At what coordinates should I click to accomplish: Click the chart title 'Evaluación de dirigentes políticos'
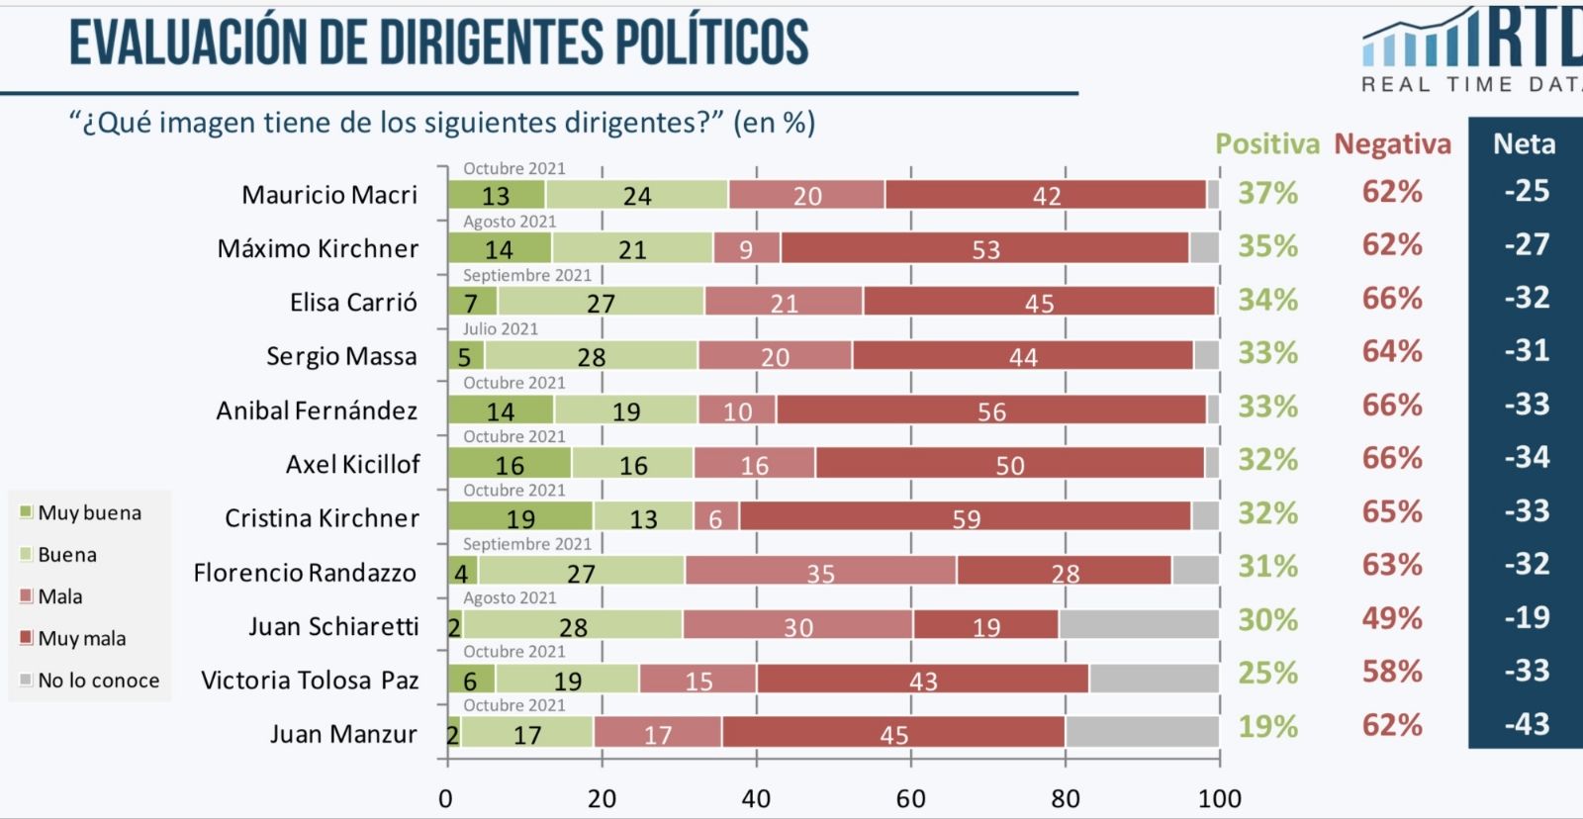pyautogui.click(x=438, y=43)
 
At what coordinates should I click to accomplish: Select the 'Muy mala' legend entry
pyautogui.click(x=81, y=639)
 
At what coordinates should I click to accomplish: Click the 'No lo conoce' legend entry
pyautogui.click(x=98, y=681)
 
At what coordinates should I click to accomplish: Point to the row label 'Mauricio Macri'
pyautogui.click(x=329, y=195)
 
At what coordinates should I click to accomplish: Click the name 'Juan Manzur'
pyautogui.click(x=343, y=734)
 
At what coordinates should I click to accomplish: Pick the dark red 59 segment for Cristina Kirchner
pyautogui.click(x=966, y=517)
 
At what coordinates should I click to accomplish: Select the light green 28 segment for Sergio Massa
pyautogui.click(x=591, y=356)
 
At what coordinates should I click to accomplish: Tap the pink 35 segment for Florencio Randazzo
pyautogui.click(x=820, y=572)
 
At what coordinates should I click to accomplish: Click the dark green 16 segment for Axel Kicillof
pyautogui.click(x=510, y=464)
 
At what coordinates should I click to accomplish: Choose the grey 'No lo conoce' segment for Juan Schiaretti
pyautogui.click(x=1139, y=625)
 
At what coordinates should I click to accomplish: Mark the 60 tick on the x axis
pyautogui.click(x=910, y=798)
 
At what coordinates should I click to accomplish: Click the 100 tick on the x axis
pyautogui.click(x=1219, y=798)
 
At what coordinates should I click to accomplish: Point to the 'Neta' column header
pyautogui.click(x=1524, y=144)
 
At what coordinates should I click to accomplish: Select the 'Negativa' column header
pyautogui.click(x=1392, y=144)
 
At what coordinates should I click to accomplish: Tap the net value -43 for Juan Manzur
pyautogui.click(x=1527, y=724)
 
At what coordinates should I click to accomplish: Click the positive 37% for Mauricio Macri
pyautogui.click(x=1267, y=192)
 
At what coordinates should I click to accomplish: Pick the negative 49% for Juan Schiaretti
pyautogui.click(x=1391, y=618)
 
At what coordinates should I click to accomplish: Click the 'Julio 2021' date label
pyautogui.click(x=501, y=329)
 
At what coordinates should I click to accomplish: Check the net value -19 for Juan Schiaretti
pyautogui.click(x=1527, y=617)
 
